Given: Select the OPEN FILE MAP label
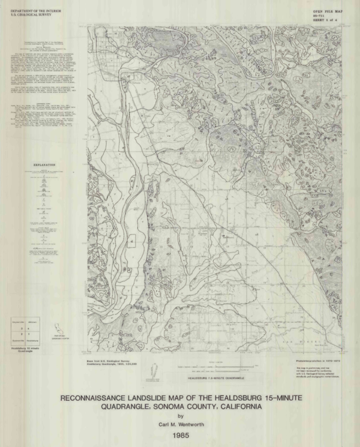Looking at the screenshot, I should point(328,11).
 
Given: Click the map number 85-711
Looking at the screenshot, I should point(319,16).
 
